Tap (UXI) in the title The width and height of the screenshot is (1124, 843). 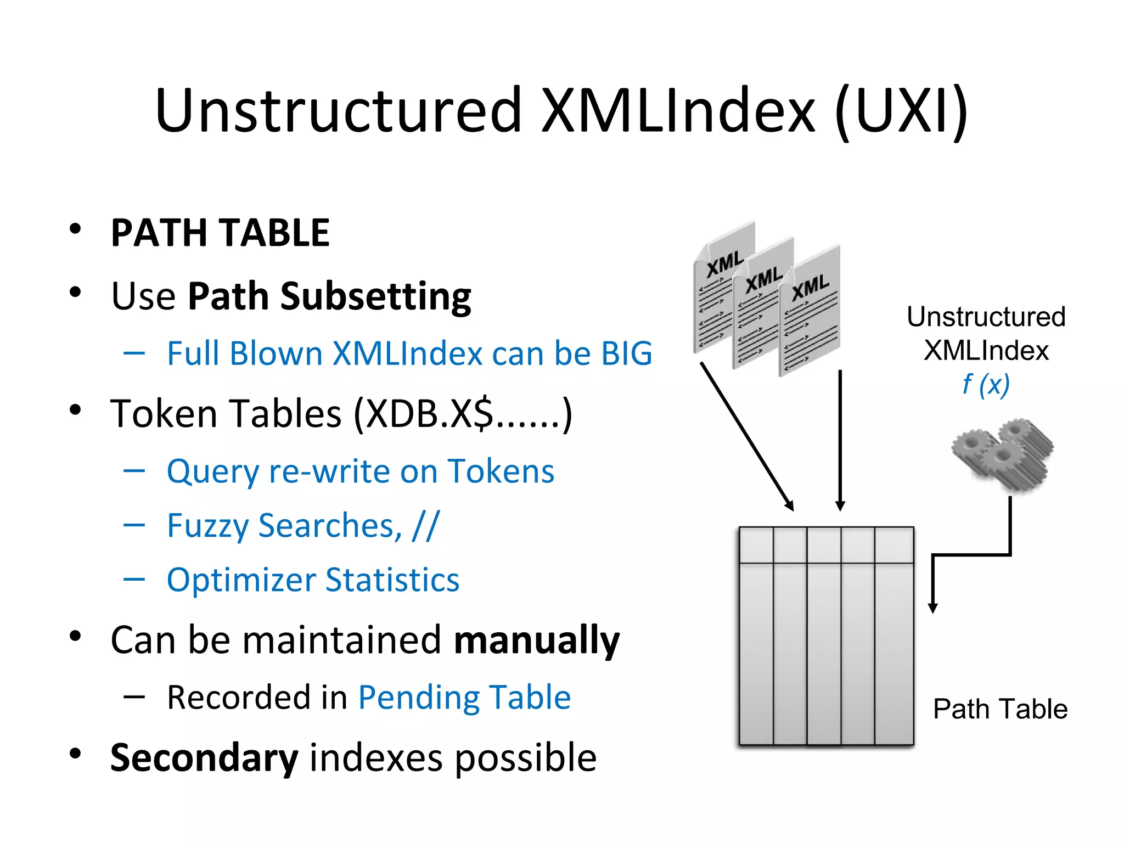point(901,111)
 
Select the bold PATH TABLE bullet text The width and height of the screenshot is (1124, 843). point(220,233)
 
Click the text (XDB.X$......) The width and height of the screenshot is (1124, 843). point(463,413)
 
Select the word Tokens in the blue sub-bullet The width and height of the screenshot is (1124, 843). point(501,471)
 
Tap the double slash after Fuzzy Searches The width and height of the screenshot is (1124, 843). point(425,525)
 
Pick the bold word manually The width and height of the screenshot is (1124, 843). point(536,640)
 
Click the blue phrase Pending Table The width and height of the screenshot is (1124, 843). point(464,698)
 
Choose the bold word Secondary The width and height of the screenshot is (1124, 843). point(204,757)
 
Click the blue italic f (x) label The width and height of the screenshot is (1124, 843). point(986,384)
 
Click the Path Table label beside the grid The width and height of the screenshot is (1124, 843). point(1000,709)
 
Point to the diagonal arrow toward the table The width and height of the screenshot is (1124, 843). point(746,436)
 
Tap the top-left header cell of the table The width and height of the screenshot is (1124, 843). point(756,544)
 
